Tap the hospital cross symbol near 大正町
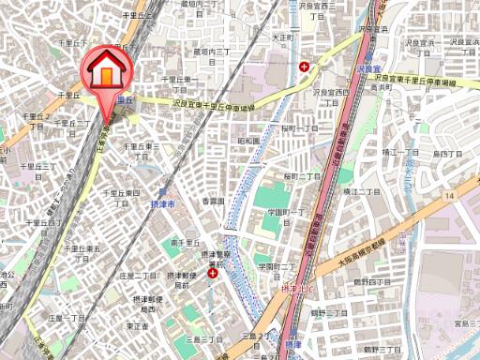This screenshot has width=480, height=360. pos(304,66)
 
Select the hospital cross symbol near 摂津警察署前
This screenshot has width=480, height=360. pos(213,274)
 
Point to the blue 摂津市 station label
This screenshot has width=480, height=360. pos(163,203)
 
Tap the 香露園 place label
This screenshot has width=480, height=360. pos(214,201)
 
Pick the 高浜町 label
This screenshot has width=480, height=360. pos(380,86)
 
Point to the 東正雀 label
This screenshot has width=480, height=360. pos(137,326)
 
